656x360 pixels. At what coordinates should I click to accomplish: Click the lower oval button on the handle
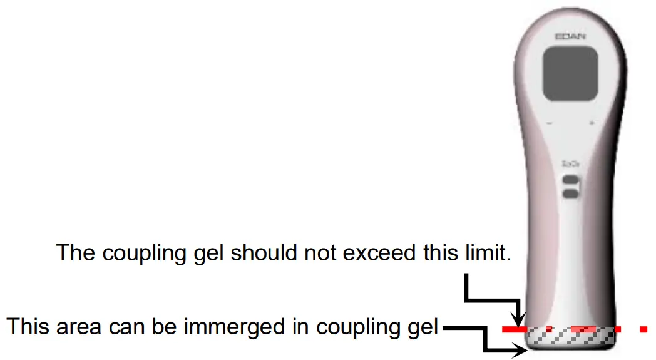[x=570, y=195]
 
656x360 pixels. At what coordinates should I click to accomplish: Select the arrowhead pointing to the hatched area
[x=519, y=351]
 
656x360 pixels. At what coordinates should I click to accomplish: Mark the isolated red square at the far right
[x=643, y=329]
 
